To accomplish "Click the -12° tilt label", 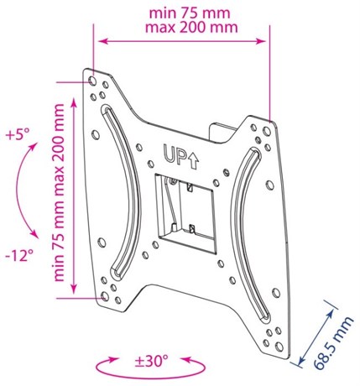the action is pos(19,255).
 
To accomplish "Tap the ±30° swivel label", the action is pos(151,361).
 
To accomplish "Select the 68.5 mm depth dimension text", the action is pos(333,343).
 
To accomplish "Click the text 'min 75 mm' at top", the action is pos(190,13).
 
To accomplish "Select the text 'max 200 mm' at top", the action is pos(191,28).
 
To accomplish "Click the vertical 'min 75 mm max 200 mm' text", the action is pos(59,192).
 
